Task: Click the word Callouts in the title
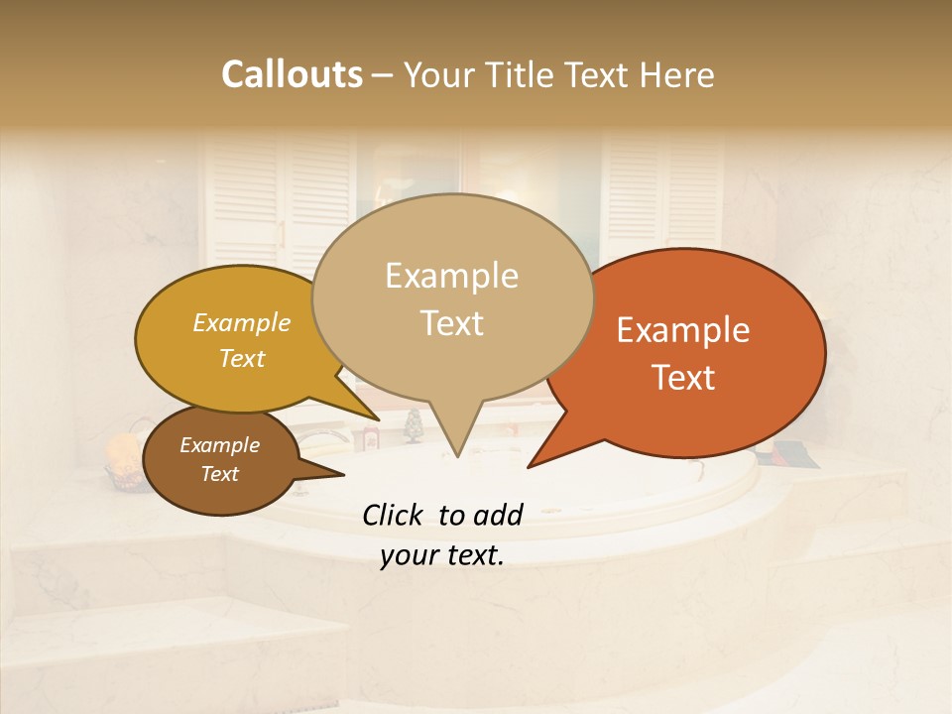click(x=292, y=74)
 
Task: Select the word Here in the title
click(x=677, y=74)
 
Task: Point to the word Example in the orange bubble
click(x=683, y=330)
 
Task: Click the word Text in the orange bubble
click(x=683, y=378)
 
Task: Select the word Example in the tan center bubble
click(x=451, y=276)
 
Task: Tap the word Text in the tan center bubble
click(x=451, y=323)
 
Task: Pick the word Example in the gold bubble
click(x=242, y=322)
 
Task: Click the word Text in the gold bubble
click(x=242, y=358)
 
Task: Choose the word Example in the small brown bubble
click(x=219, y=445)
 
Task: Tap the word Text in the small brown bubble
click(x=219, y=474)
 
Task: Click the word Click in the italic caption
click(x=394, y=515)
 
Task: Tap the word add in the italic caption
click(x=498, y=515)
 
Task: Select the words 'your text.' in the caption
click(x=442, y=556)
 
